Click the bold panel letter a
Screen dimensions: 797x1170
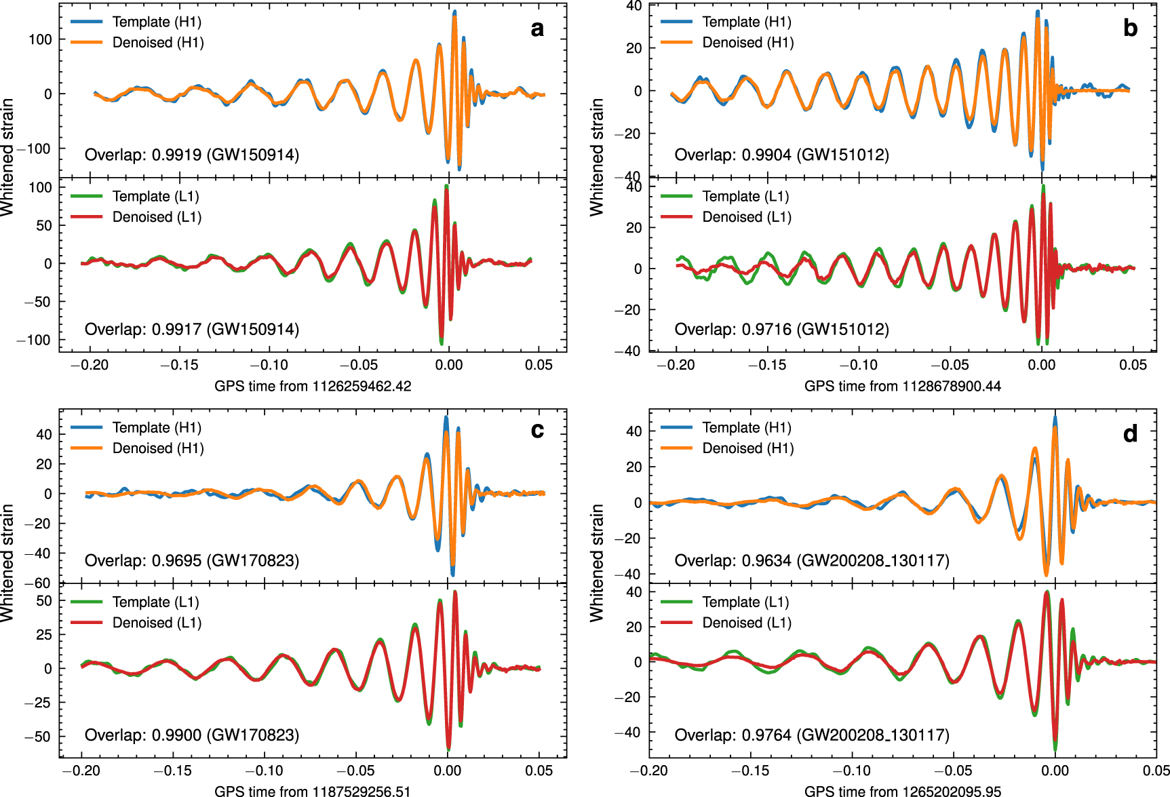[x=537, y=28]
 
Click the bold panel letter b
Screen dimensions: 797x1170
[x=1130, y=28]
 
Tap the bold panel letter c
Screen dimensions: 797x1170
[x=537, y=430]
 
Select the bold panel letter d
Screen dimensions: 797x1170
[x=1130, y=433]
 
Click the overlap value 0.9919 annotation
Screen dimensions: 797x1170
[x=192, y=155]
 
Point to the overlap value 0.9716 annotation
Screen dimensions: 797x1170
[x=781, y=329]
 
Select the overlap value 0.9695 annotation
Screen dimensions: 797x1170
[x=192, y=560]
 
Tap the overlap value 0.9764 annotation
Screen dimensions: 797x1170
[x=811, y=735]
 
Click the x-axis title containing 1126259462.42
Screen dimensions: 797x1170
[x=313, y=386]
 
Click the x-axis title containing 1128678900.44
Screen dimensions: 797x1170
[x=902, y=386]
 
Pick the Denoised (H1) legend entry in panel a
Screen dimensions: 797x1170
[x=157, y=43]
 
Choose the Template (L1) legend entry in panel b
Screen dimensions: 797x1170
[x=745, y=196]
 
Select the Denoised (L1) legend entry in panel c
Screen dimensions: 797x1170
[x=156, y=623]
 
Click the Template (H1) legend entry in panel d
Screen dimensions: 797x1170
[x=746, y=427]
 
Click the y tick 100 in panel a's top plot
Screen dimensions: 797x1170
[x=40, y=39]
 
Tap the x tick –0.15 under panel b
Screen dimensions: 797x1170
[x=767, y=365]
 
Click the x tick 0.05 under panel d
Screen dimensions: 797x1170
[x=1156, y=771]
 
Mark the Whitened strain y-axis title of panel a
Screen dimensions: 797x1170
[x=7, y=157]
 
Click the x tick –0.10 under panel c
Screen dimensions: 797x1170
[x=264, y=771]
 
